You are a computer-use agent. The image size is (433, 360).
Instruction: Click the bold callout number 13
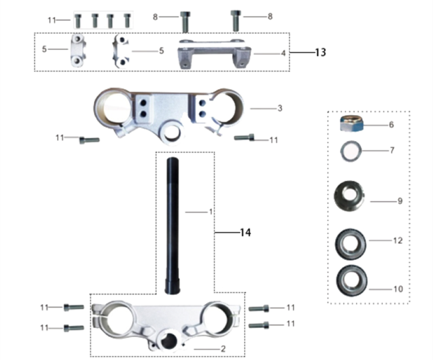(320, 52)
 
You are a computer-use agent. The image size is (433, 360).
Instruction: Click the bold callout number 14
(246, 233)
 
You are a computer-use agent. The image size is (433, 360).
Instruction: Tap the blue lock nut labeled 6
(351, 123)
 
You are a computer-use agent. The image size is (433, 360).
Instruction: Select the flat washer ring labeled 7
(351, 151)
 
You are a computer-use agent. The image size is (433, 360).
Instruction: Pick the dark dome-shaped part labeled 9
(349, 196)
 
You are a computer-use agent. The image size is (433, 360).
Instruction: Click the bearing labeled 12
(350, 244)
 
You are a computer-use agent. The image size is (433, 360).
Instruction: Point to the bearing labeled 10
(352, 281)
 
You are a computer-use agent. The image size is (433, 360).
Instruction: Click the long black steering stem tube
(172, 226)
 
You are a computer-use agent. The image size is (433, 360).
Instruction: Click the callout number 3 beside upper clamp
(280, 108)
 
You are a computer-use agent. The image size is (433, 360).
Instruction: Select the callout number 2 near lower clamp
(223, 349)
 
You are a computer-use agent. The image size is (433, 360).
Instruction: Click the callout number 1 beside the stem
(211, 212)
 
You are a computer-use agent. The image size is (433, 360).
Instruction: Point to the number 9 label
(400, 201)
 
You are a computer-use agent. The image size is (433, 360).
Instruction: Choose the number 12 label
(397, 240)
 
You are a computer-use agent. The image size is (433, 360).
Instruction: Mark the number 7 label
(392, 150)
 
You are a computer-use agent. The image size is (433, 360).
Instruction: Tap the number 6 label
(391, 125)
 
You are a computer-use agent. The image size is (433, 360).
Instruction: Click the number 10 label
(398, 289)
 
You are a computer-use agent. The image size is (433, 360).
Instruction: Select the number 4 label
(283, 53)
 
